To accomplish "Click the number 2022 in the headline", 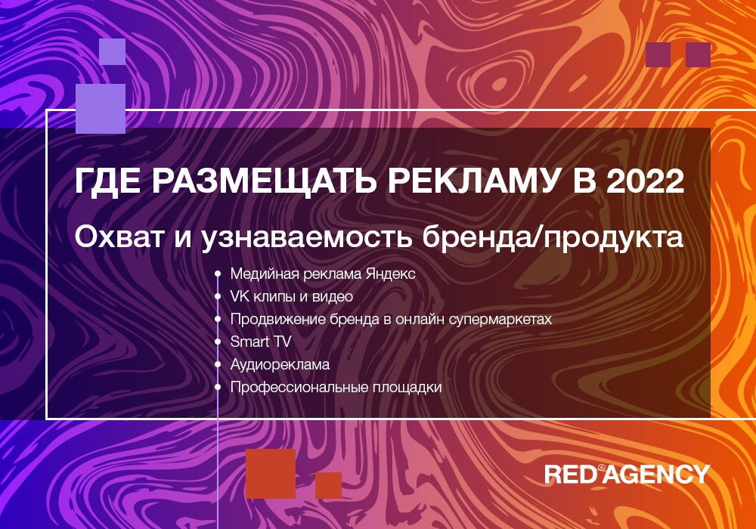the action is (645, 181).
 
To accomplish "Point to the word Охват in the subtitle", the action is (119, 237).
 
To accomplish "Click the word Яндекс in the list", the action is (391, 274).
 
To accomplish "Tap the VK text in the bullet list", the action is (240, 296).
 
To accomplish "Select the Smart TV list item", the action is (261, 342).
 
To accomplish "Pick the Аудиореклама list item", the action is (280, 365).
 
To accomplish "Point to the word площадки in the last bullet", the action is (408, 388).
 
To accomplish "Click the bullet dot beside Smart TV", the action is (218, 342).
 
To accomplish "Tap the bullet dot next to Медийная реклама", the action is (218, 274).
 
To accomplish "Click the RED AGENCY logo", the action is (627, 474).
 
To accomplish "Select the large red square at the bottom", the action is (271, 474).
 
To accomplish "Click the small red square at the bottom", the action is (328, 485).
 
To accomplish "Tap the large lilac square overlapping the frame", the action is (101, 109).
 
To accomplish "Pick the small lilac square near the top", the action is (113, 51).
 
